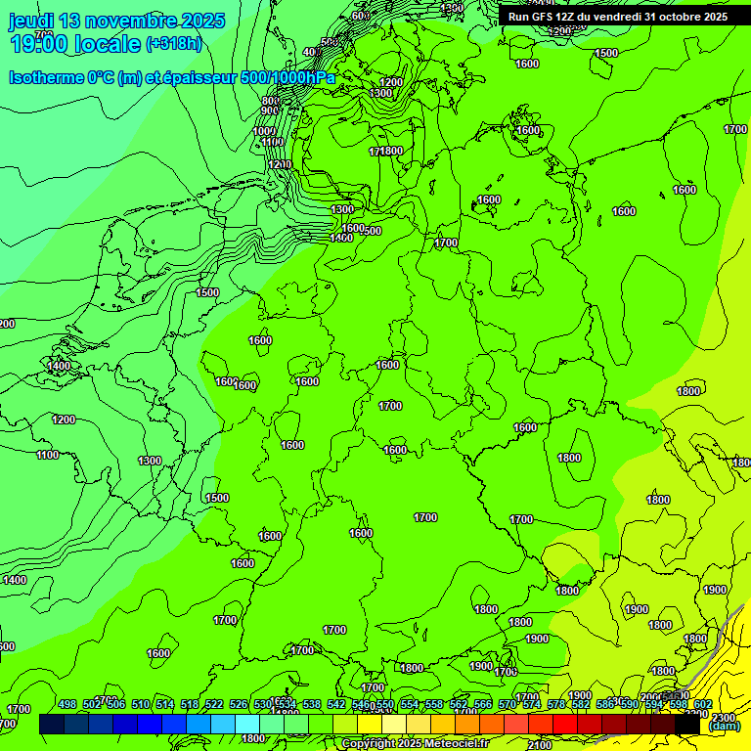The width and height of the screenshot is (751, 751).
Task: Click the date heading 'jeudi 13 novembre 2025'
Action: pyautogui.click(x=117, y=21)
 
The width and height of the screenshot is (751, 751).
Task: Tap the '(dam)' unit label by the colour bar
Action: pyautogui.click(x=724, y=726)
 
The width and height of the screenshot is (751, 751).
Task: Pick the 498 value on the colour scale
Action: pyautogui.click(x=67, y=704)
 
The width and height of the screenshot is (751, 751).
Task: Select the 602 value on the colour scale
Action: pyautogui.click(x=703, y=704)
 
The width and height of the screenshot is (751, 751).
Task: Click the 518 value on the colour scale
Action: pyautogui.click(x=190, y=704)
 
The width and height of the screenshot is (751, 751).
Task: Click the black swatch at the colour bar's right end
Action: pyautogui.click(x=687, y=725)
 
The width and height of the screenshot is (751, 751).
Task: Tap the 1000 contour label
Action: pyautogui.click(x=264, y=131)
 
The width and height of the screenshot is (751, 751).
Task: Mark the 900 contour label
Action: pyautogui.click(x=270, y=110)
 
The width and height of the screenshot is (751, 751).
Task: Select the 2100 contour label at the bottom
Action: pyautogui.click(x=539, y=746)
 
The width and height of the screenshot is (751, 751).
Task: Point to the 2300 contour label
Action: pyautogui.click(x=725, y=718)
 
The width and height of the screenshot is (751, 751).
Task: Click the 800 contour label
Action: pyautogui.click(x=271, y=101)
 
